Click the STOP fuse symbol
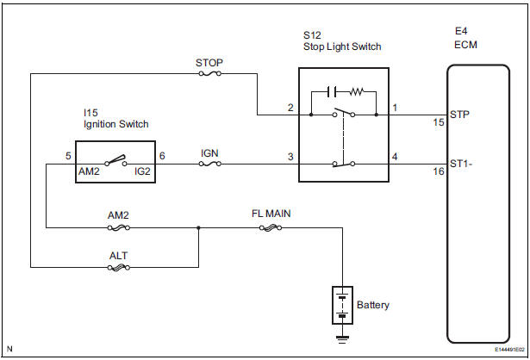tap(209, 74)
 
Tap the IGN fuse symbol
tap(209, 164)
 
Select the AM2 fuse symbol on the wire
tap(119, 228)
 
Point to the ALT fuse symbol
tap(119, 268)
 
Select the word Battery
tap(372, 305)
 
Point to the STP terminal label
tap(459, 112)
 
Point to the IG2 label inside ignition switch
tap(142, 171)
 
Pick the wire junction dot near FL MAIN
tap(199, 228)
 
